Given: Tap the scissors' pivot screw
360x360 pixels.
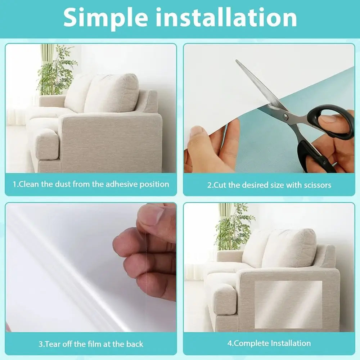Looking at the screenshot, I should (285, 116).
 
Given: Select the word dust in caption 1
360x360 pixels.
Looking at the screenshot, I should (62, 184).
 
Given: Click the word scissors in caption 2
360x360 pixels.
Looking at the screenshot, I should (317, 185).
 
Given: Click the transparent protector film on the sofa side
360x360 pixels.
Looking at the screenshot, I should (288, 304).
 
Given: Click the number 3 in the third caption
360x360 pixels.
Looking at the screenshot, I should (41, 344).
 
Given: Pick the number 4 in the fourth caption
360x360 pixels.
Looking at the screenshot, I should (229, 343).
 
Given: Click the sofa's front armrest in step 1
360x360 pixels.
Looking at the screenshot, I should (45, 144).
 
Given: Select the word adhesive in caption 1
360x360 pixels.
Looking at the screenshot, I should (121, 184).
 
